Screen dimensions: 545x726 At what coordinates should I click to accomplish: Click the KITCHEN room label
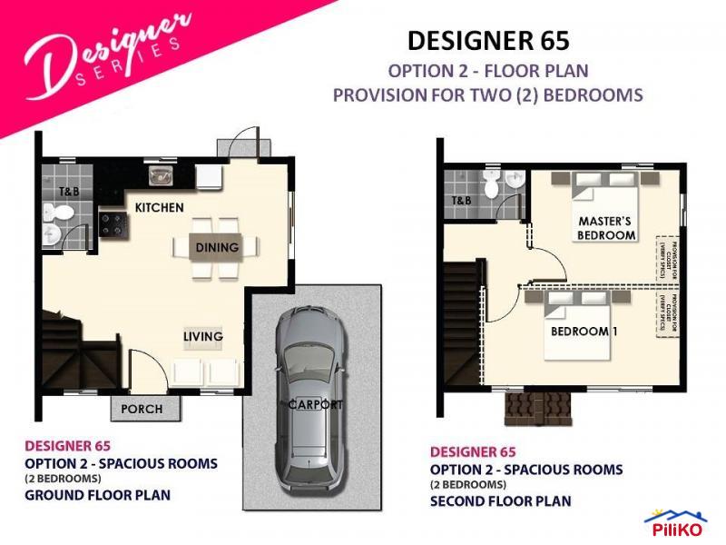pos(159,208)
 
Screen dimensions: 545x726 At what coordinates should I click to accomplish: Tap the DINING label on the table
pos(217,247)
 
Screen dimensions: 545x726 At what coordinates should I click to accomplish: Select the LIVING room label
pos(202,337)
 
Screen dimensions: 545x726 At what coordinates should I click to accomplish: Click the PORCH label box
pos(142,409)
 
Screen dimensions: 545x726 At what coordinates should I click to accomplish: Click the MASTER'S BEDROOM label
pos(606,228)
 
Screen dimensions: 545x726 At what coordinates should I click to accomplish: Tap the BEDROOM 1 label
pos(584,332)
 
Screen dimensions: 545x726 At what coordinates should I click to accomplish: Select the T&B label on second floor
pos(461,201)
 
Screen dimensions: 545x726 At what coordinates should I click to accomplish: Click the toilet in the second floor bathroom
pos(491,186)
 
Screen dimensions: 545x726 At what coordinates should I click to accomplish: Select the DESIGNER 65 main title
pos(488,41)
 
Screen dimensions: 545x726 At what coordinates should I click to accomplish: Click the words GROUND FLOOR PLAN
pos(97,495)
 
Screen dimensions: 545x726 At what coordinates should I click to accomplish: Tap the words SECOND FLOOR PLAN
pos(500,500)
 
